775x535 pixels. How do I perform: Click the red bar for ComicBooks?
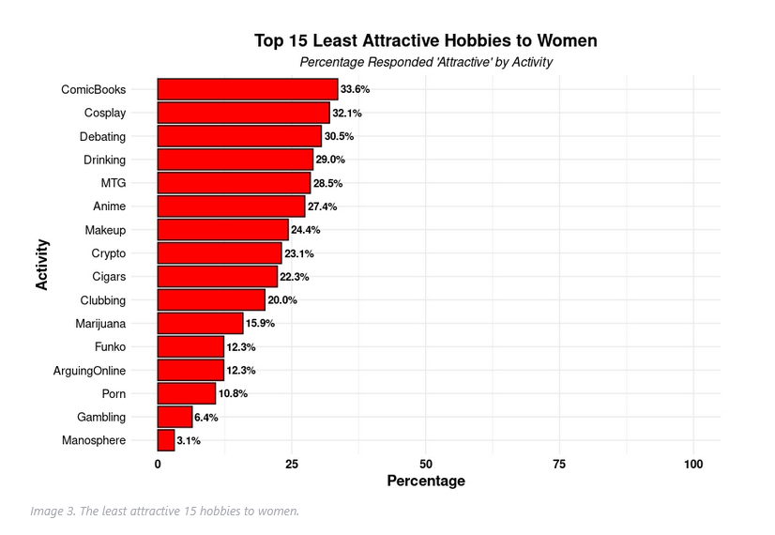(x=248, y=89)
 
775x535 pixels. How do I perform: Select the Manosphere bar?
(x=166, y=440)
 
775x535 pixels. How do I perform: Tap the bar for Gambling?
(x=175, y=417)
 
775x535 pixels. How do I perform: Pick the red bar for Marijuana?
(x=200, y=324)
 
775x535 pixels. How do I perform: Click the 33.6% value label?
(x=355, y=89)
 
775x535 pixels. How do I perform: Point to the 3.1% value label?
(x=189, y=440)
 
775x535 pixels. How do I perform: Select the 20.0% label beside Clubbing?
(x=282, y=300)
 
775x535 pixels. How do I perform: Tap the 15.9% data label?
(x=260, y=324)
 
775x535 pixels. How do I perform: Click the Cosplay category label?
(x=105, y=114)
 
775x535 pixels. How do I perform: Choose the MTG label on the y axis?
(x=114, y=183)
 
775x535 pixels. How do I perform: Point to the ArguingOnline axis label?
(x=89, y=371)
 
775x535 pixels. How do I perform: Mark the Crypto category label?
(x=109, y=253)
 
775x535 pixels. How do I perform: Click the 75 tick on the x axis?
(x=559, y=464)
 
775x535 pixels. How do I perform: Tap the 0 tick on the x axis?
(x=158, y=464)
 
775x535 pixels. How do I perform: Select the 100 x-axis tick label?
(x=693, y=464)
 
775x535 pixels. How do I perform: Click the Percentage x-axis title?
(x=426, y=481)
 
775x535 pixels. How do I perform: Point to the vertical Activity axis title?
(x=42, y=265)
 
